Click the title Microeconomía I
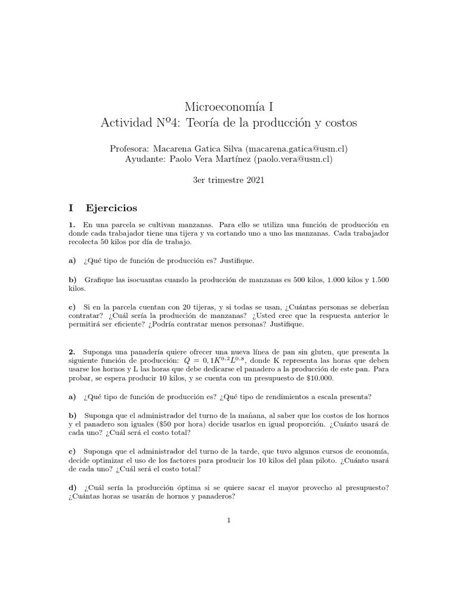[x=229, y=107]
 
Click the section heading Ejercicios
[x=112, y=208]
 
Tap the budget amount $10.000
[x=318, y=378]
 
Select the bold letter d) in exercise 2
[x=72, y=487]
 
